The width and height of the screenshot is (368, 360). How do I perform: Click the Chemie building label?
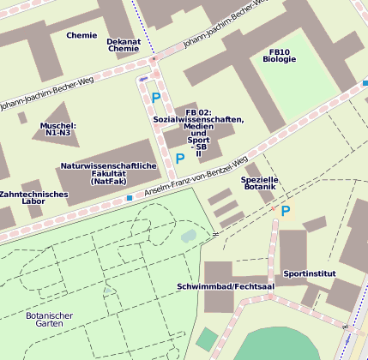click(x=81, y=35)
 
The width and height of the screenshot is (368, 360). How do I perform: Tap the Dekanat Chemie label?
click(x=124, y=45)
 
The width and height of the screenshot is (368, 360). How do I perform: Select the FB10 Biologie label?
click(x=280, y=56)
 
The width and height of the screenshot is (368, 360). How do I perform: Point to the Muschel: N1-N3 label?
click(x=58, y=129)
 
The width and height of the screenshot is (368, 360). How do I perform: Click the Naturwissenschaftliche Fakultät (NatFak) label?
click(x=108, y=173)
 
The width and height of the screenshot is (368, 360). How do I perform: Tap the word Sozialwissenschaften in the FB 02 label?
click(x=198, y=120)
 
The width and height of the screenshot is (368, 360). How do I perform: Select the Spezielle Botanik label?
click(x=261, y=182)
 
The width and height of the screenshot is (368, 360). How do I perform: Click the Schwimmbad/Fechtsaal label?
click(x=226, y=285)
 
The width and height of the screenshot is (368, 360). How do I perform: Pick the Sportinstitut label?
click(x=310, y=274)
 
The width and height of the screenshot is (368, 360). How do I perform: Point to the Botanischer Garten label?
click(x=49, y=320)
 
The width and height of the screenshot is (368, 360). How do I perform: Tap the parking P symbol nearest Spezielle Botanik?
click(x=286, y=210)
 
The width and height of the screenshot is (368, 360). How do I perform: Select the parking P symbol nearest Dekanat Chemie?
click(x=155, y=98)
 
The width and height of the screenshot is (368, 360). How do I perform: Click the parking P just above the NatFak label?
click(x=179, y=159)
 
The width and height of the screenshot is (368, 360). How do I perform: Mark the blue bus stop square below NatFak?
click(x=130, y=198)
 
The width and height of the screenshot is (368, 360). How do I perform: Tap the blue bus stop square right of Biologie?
click(x=365, y=83)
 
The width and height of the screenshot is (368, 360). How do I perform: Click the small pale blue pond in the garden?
click(x=189, y=236)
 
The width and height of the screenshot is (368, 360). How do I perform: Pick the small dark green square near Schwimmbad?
click(x=207, y=339)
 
